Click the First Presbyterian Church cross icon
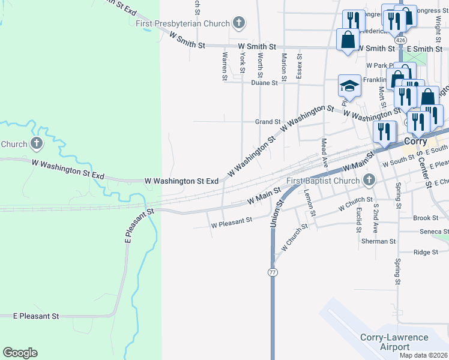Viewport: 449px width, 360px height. [239, 23]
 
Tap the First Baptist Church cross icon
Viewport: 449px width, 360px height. [369, 180]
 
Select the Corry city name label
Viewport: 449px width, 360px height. [415, 142]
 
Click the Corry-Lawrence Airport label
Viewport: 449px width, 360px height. [394, 342]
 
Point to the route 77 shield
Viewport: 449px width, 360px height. [273, 272]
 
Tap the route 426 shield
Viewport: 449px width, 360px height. [400, 38]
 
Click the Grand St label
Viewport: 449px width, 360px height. [268, 122]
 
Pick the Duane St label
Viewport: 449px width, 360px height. [264, 83]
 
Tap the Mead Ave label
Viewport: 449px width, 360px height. [324, 149]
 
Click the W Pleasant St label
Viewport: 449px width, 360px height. [231, 223]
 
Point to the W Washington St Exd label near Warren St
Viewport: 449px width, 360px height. [182, 181]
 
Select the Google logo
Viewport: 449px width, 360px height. [20, 353]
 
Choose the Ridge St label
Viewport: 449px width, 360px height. [427, 253]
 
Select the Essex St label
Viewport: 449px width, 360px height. [298, 65]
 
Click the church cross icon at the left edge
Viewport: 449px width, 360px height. [37, 143]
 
